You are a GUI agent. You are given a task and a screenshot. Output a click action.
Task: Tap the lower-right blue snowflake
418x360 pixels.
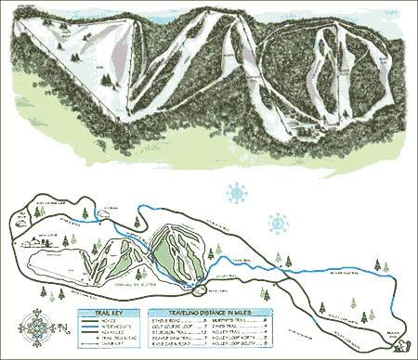click(277, 224)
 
